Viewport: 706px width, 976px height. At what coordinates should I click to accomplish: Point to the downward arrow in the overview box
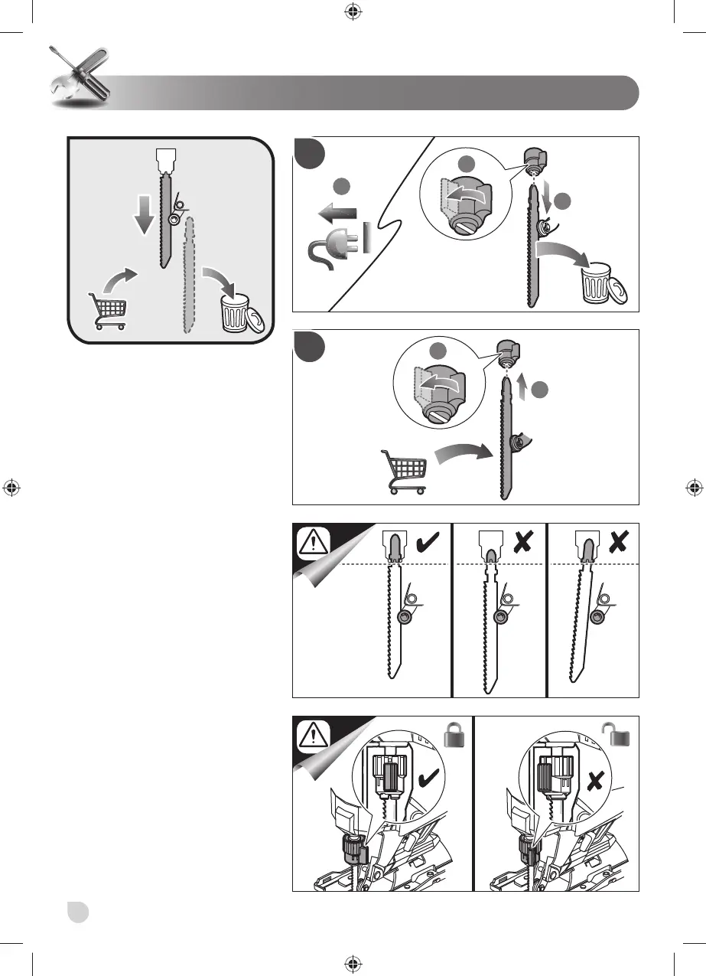tap(143, 215)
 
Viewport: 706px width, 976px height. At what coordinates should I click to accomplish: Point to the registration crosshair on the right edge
tap(694, 488)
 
